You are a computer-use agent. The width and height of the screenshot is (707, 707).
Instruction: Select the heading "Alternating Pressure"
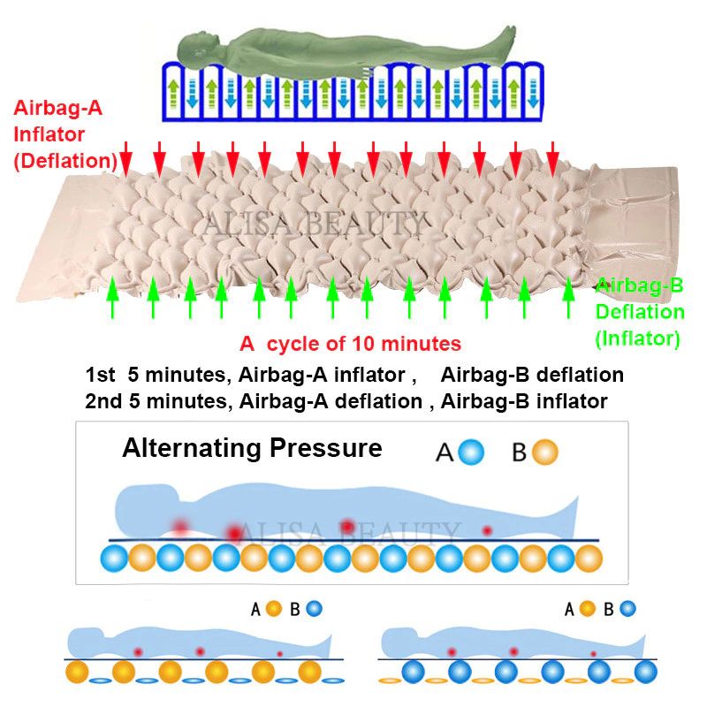(252, 448)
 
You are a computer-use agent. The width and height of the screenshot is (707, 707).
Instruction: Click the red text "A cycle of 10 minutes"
(351, 343)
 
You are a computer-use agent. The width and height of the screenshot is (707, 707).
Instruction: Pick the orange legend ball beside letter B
(545, 452)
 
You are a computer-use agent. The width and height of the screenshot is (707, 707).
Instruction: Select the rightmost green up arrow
(568, 300)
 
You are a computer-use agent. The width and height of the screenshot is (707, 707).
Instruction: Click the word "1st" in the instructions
(101, 375)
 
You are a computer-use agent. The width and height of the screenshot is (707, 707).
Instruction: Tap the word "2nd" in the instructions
(103, 401)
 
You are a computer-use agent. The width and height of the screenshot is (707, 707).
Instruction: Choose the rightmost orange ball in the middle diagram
(588, 559)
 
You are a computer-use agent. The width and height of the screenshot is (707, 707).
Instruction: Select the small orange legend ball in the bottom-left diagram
(274, 608)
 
